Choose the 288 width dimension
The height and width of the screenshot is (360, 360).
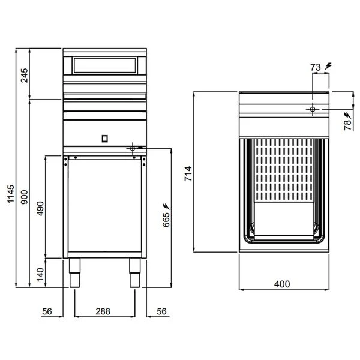coord(104,312)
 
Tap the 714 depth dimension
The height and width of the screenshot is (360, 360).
coord(188,173)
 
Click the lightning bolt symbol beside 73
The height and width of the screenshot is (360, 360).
coord(327,67)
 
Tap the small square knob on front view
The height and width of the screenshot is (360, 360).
coord(104,137)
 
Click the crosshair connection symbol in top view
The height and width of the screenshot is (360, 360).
coord(311,109)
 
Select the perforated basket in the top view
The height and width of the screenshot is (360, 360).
coord(281,174)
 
